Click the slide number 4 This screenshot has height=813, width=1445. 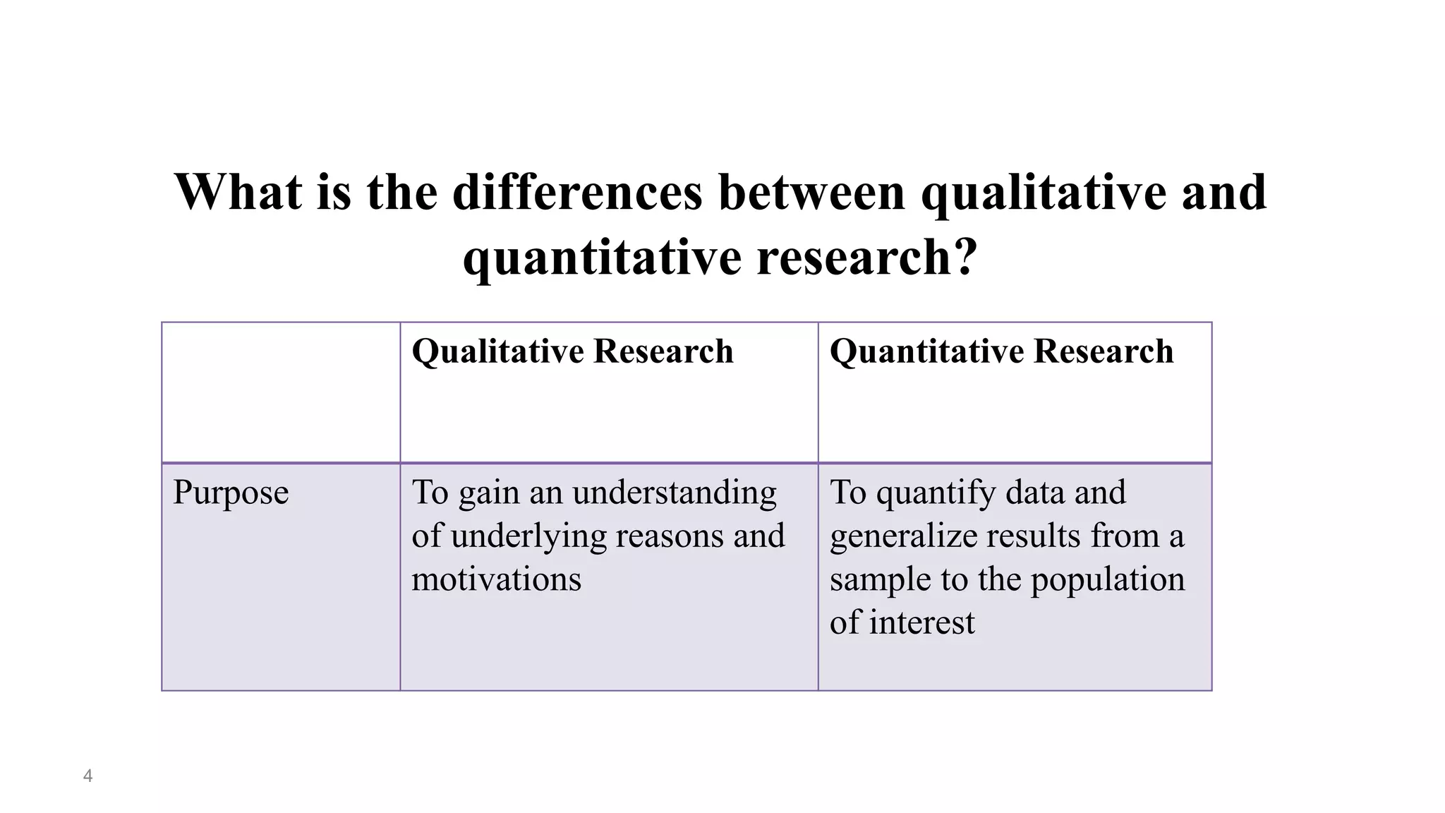click(x=87, y=776)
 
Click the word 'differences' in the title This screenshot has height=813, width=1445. click(x=577, y=192)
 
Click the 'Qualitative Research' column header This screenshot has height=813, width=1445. click(x=572, y=351)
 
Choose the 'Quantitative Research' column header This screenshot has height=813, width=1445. click(x=1001, y=351)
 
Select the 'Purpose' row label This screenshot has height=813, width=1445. click(x=231, y=493)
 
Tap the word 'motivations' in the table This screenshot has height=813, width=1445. click(x=496, y=579)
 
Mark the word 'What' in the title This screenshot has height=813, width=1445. click(x=238, y=192)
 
